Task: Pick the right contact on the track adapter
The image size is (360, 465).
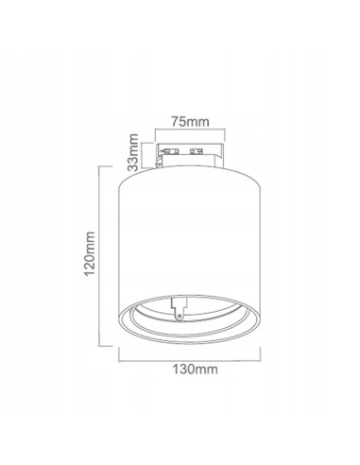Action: tap(198, 150)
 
